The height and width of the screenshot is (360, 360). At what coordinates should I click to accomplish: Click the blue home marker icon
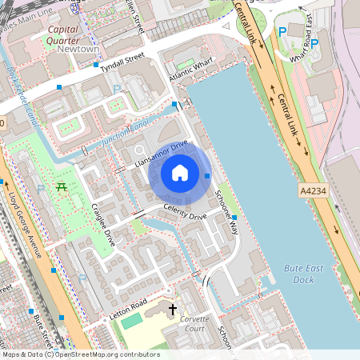tap(180, 172)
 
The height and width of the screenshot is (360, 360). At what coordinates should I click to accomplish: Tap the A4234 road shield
tap(314, 191)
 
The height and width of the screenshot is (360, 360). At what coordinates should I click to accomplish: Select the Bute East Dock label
tap(303, 274)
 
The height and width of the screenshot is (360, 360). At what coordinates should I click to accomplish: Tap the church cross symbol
tap(171, 309)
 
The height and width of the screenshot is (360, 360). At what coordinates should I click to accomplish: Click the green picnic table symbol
tap(62, 187)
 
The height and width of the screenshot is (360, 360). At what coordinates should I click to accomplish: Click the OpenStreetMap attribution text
tap(80, 354)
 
